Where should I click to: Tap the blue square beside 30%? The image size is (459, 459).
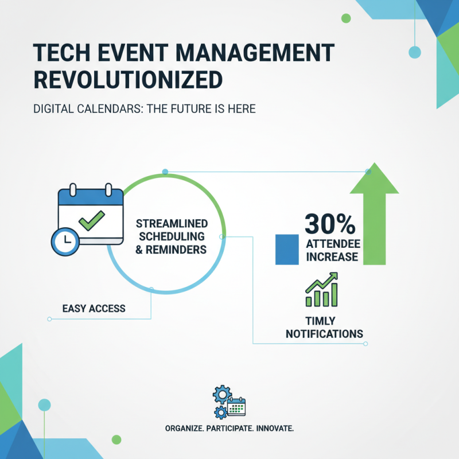[286, 249]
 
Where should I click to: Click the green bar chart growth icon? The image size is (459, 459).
[321, 289]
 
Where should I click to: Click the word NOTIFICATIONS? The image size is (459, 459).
[325, 333]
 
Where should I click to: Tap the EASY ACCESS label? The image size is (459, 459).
[94, 309]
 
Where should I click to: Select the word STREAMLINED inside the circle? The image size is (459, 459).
[172, 223]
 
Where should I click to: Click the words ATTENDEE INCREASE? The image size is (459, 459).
[332, 250]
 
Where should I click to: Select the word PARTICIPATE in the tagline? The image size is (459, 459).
[229, 429]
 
